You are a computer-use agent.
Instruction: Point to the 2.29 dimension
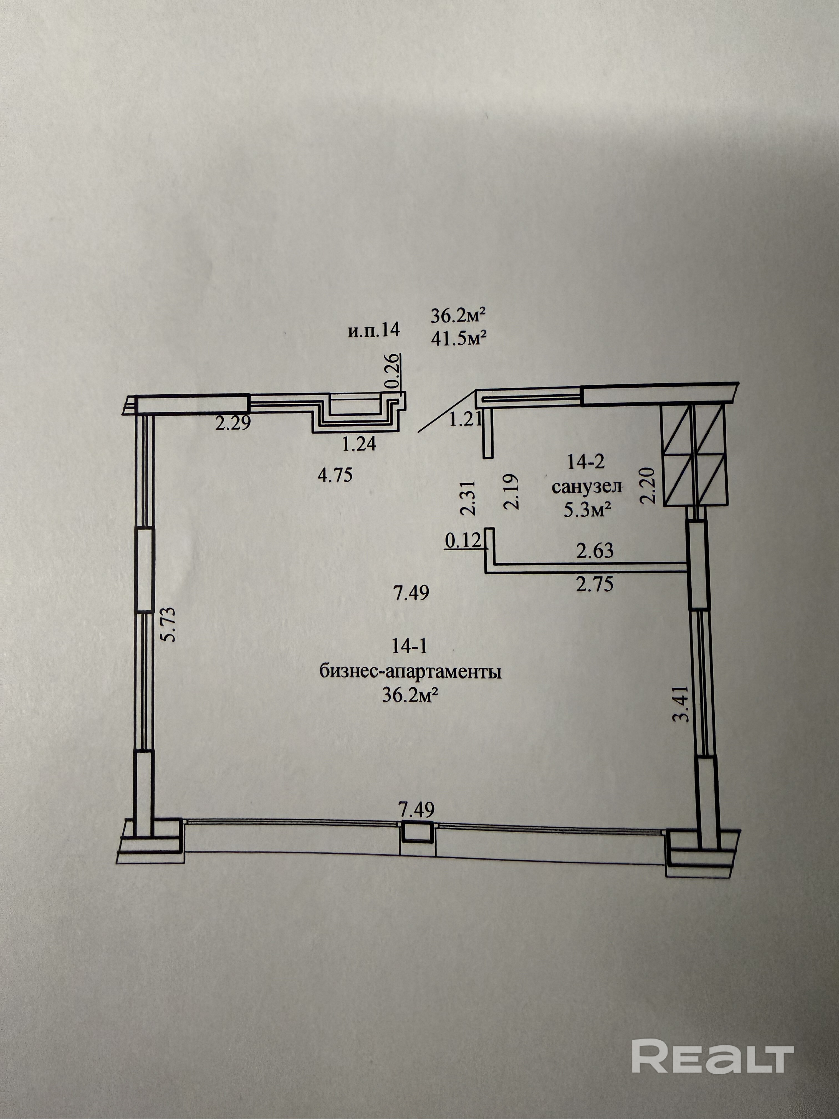[233, 422]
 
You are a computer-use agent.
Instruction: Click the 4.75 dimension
[335, 475]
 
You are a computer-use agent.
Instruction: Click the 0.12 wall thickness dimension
[462, 541]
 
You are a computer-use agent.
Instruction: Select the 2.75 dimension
[595, 584]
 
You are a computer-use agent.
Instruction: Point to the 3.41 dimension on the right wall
[683, 703]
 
